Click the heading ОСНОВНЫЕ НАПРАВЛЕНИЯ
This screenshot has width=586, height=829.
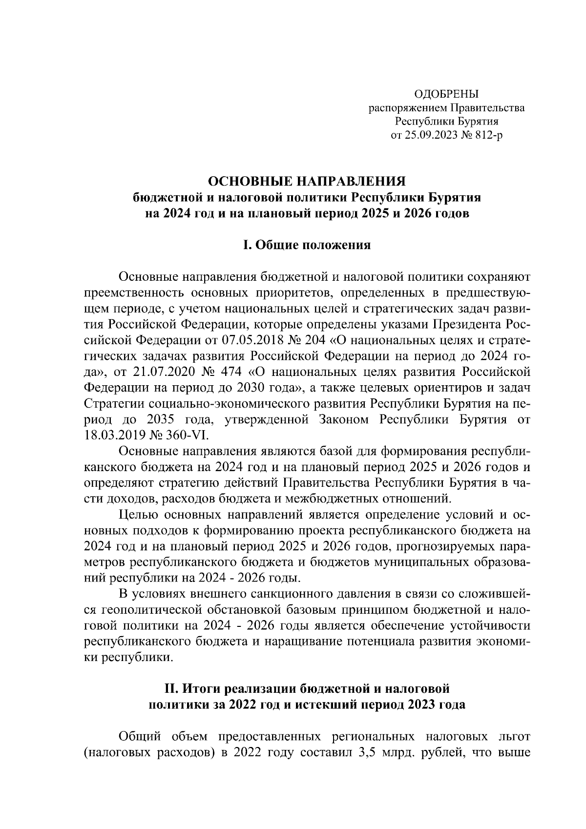308,182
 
